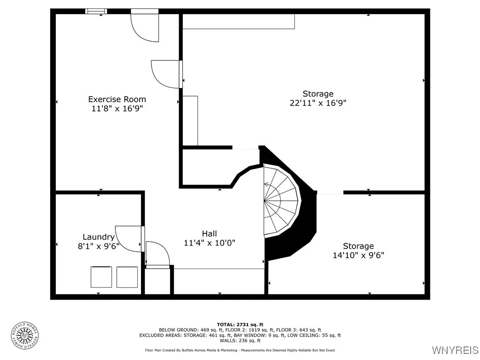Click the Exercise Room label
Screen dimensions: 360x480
(x=117, y=99)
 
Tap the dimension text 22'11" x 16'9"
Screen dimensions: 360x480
(x=318, y=103)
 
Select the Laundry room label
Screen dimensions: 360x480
(x=98, y=237)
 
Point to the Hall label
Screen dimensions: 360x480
(x=209, y=233)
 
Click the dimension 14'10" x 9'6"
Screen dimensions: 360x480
(x=358, y=255)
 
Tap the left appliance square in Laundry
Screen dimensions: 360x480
(x=101, y=277)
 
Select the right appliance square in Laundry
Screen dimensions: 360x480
(x=127, y=277)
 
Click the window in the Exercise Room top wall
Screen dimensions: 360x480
(x=96, y=11)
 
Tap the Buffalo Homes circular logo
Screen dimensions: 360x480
(x=24, y=335)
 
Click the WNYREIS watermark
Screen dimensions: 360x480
(x=455, y=350)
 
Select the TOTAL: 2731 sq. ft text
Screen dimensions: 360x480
(x=240, y=324)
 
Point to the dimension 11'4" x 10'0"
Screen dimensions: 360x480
(x=209, y=243)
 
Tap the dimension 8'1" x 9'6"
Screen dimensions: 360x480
(x=98, y=246)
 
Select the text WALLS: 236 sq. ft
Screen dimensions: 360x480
(x=240, y=340)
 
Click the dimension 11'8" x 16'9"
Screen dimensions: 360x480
(x=117, y=108)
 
